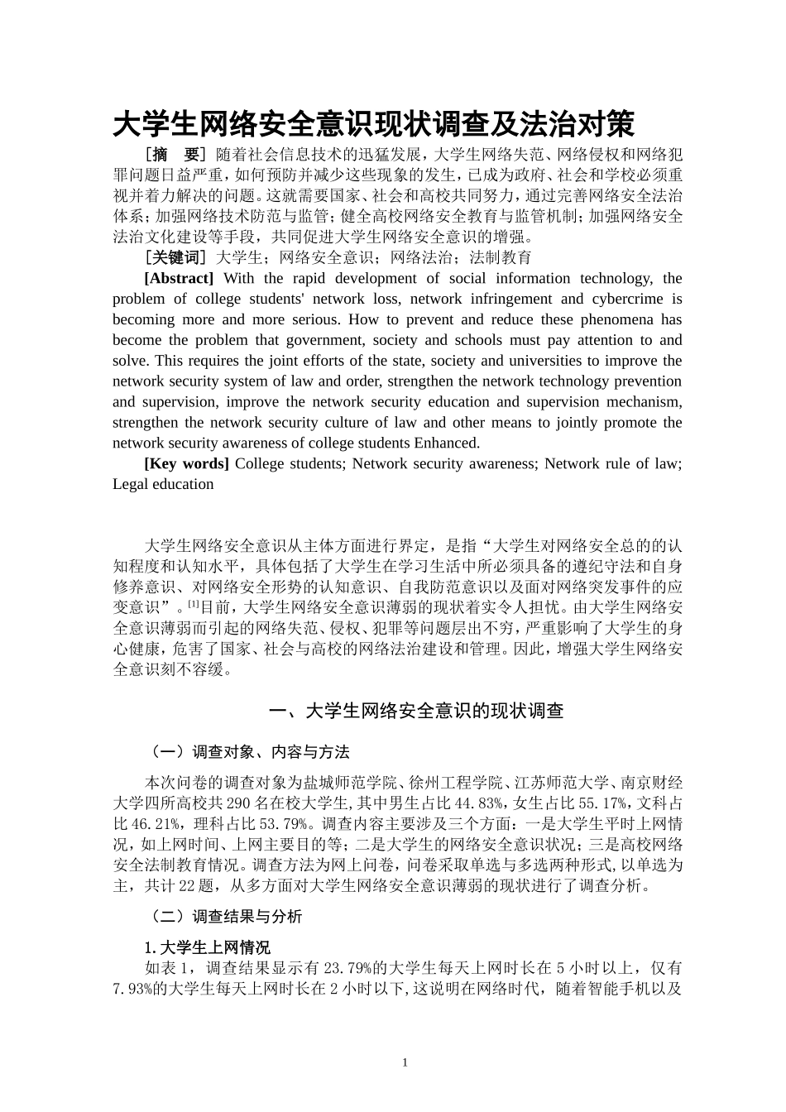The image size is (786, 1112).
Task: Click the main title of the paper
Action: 374,125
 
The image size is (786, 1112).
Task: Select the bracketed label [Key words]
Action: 186,463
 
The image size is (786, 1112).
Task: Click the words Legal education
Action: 163,484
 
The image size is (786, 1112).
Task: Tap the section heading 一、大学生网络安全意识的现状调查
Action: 418,711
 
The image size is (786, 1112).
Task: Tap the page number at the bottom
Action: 405,1062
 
